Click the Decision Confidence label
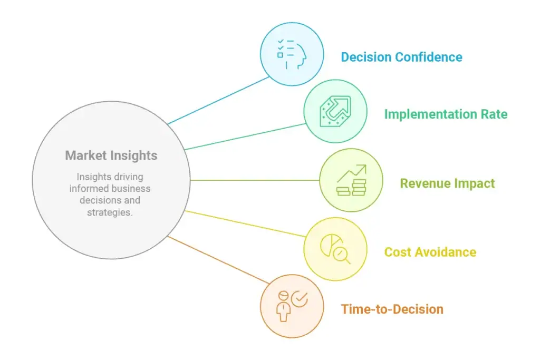click(x=401, y=57)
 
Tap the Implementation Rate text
click(x=446, y=114)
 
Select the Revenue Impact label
click(x=447, y=183)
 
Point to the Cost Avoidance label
click(x=430, y=252)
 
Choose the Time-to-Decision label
click(x=392, y=309)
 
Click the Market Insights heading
click(x=111, y=155)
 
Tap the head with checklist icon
click(x=292, y=54)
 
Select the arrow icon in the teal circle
click(x=335, y=111)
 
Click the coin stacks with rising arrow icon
click(x=351, y=180)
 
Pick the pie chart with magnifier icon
click(x=335, y=249)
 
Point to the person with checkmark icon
click(x=292, y=306)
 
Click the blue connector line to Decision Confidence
click(x=218, y=100)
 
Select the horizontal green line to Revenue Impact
click(x=255, y=180)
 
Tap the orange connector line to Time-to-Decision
click(x=218, y=260)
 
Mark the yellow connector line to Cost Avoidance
click(x=245, y=223)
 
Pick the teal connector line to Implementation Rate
click(x=245, y=137)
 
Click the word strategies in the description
click(x=110, y=212)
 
